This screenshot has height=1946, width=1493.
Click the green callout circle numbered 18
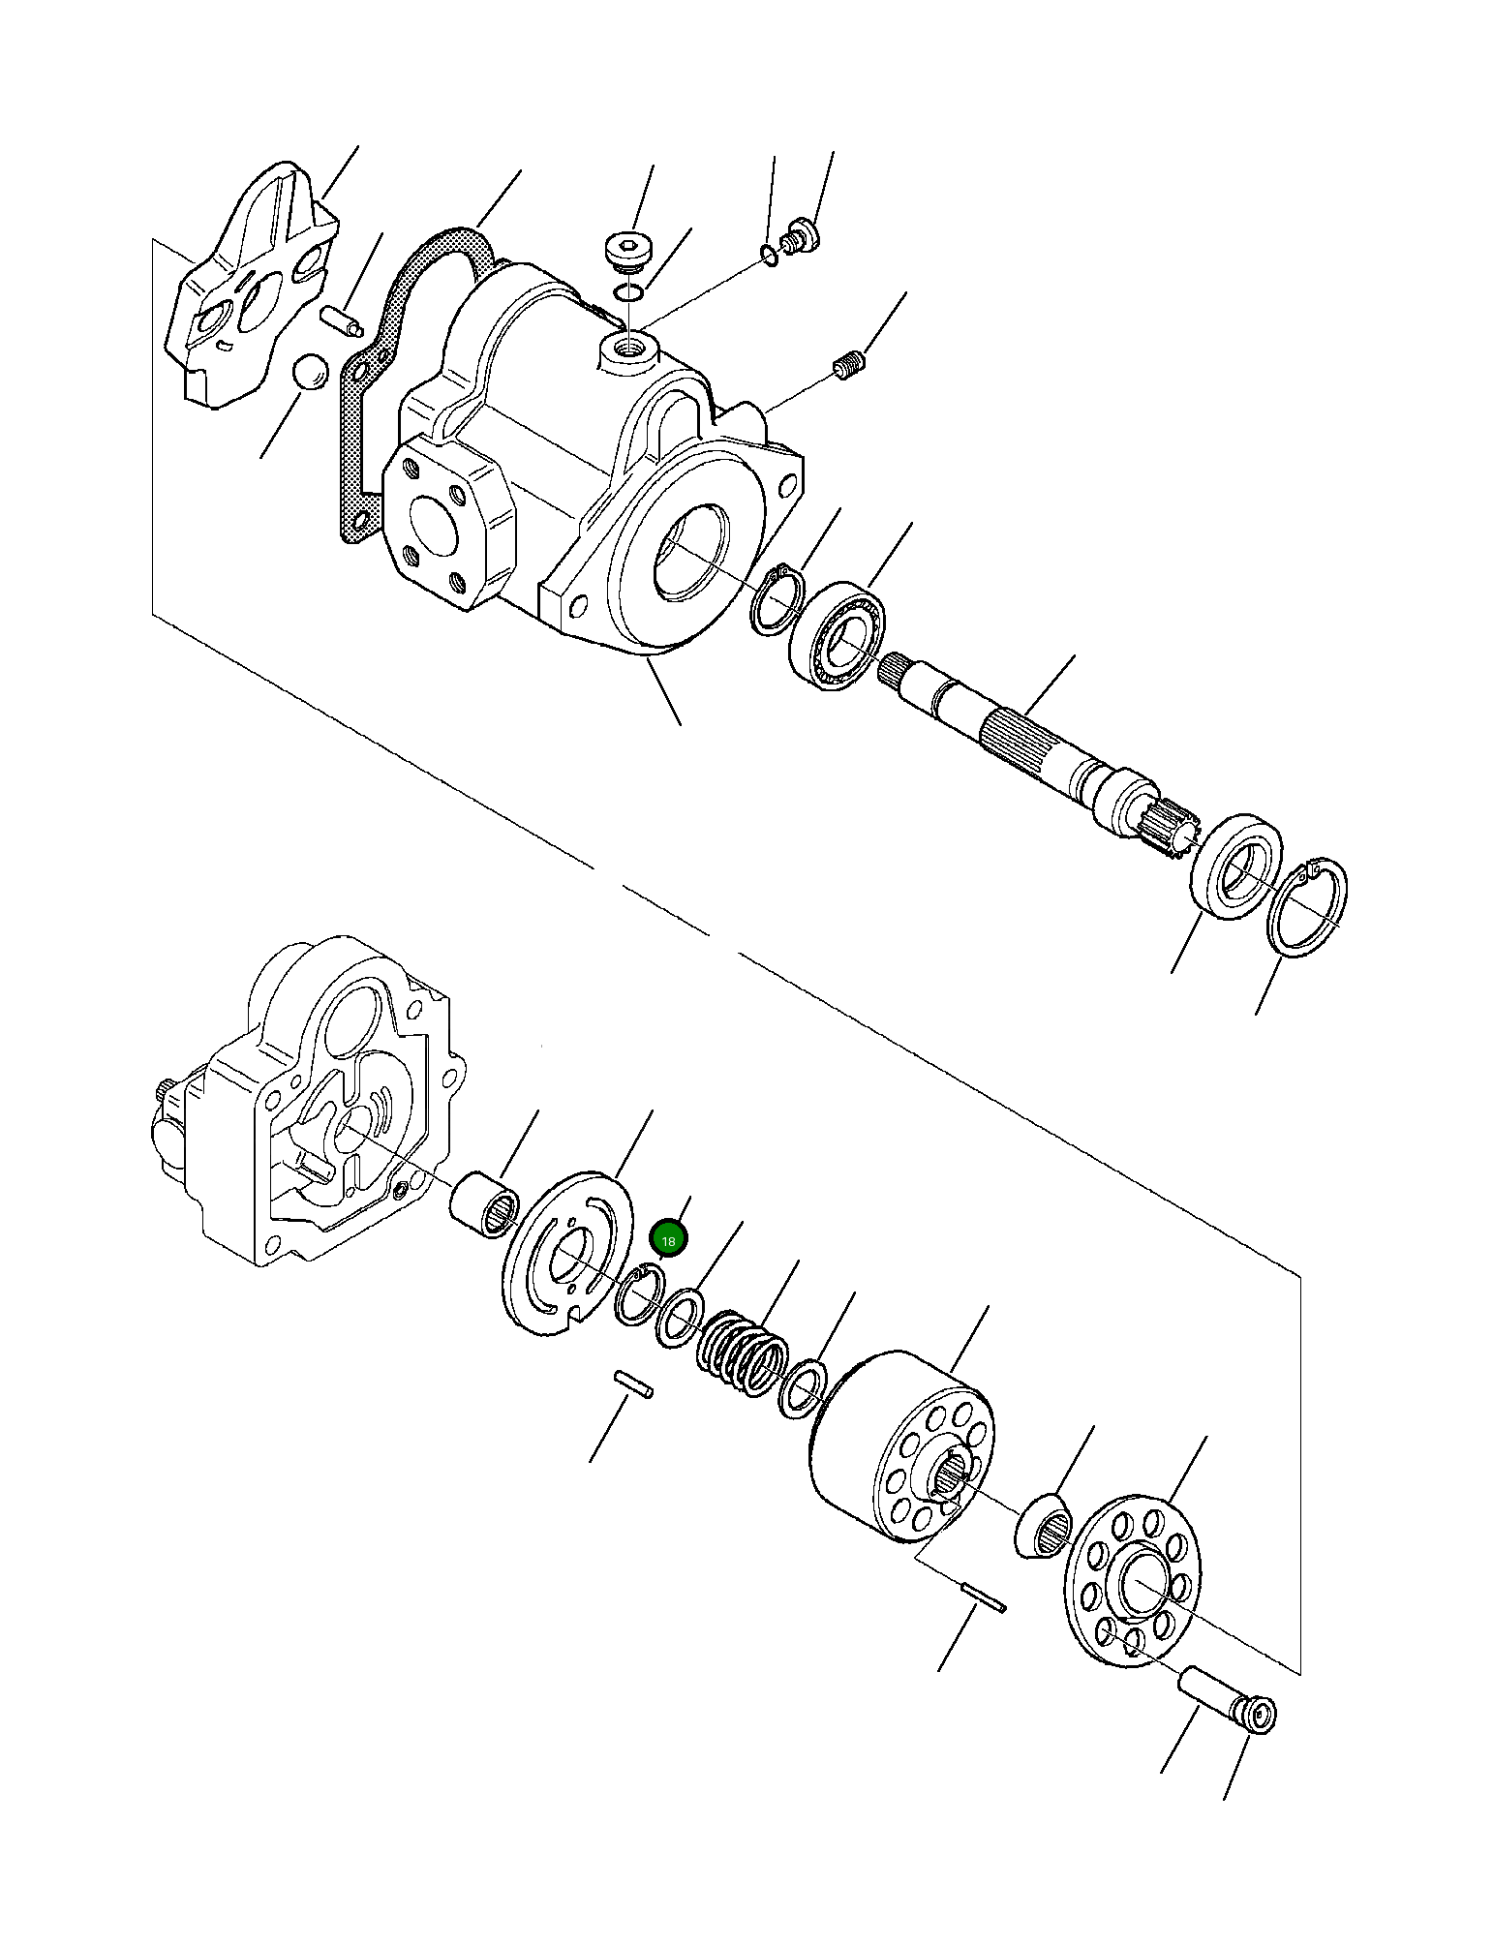(668, 1239)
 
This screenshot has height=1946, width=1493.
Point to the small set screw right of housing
(849, 366)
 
